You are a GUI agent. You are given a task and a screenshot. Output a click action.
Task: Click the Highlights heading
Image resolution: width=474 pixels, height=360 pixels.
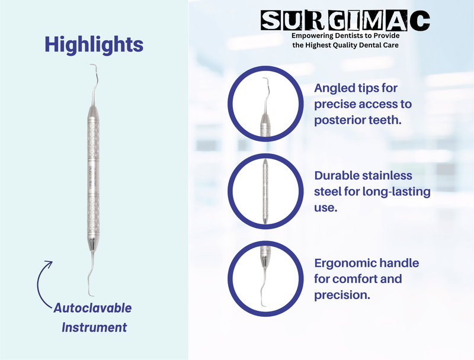(94, 44)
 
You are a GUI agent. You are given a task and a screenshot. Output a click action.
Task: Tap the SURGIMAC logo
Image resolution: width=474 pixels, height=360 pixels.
(346, 21)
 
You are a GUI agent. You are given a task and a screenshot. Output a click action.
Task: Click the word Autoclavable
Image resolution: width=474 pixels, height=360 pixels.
(92, 308)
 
